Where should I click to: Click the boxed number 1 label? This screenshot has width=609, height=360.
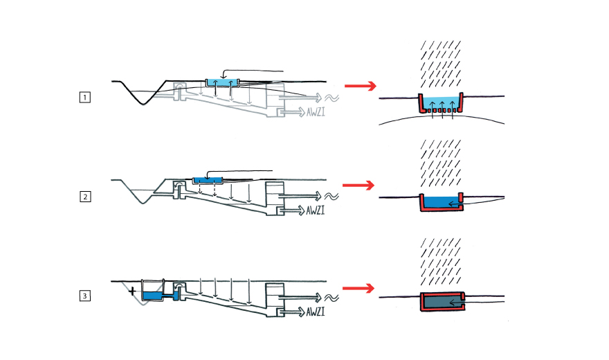pyautogui.click(x=84, y=98)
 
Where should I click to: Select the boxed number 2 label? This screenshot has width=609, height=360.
pyautogui.click(x=84, y=197)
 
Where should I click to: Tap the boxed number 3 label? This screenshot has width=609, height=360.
pyautogui.click(x=84, y=296)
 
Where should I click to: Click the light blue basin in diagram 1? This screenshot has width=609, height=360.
pyautogui.click(x=223, y=82)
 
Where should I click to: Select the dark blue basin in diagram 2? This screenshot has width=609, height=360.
pyautogui.click(x=208, y=180)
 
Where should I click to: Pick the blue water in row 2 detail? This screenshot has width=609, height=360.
pyautogui.click(x=442, y=201)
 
